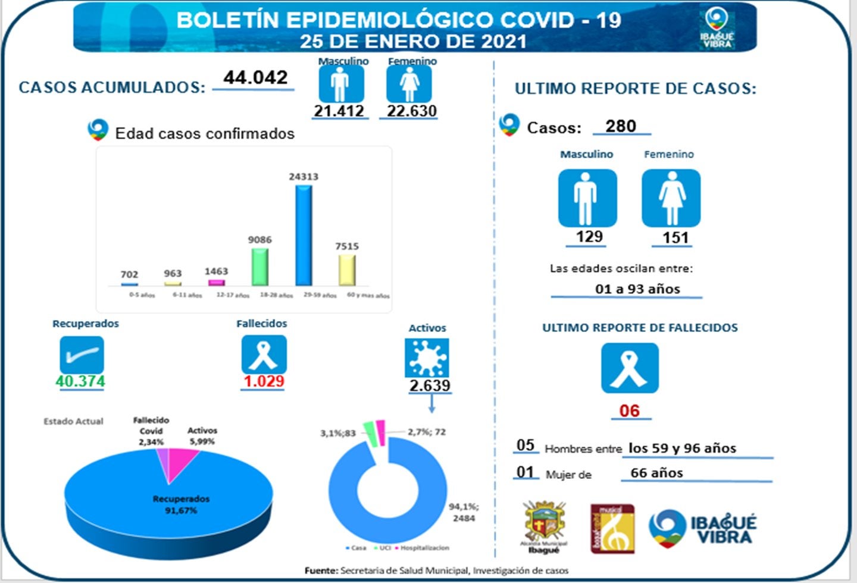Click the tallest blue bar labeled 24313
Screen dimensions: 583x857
point(304,235)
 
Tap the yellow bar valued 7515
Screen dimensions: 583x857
point(347,270)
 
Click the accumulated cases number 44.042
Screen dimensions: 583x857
point(255,77)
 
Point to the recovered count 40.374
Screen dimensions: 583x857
point(80,381)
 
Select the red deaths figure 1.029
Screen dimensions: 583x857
point(264,381)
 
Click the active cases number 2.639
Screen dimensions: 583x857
point(430,385)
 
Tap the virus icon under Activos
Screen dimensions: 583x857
point(427,358)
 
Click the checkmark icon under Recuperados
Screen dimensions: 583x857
point(82,355)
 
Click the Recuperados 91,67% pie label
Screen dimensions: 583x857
point(181,504)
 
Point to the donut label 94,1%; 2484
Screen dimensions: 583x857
point(464,512)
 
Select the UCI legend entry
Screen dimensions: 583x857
point(382,548)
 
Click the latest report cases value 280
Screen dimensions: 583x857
point(621,126)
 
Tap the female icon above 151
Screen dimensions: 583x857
point(671,198)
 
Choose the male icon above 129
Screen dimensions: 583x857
point(587,198)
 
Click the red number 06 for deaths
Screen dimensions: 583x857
point(629,410)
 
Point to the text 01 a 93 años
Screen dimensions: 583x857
point(637,289)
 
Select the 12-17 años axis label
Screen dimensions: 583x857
point(232,295)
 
